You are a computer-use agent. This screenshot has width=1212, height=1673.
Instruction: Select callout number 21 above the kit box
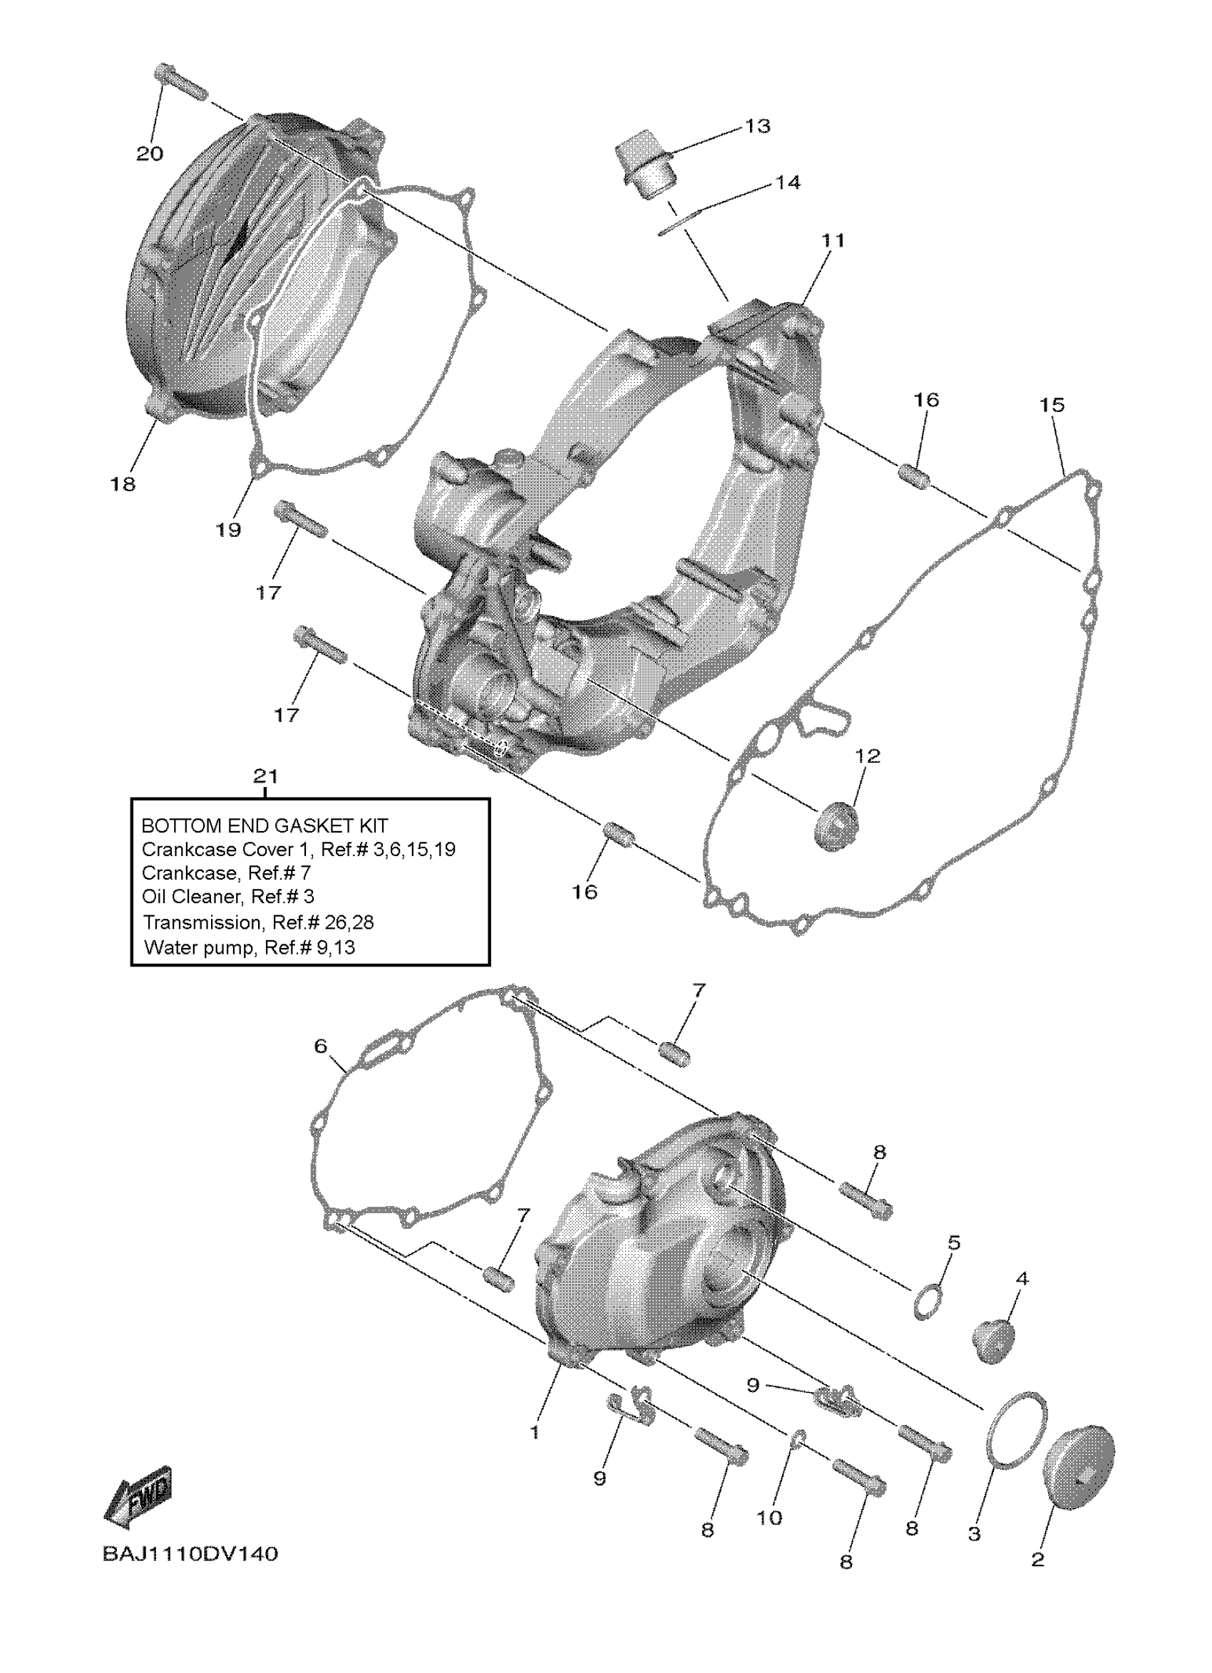click(x=265, y=776)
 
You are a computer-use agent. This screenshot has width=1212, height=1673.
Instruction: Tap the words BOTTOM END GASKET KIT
click(x=264, y=826)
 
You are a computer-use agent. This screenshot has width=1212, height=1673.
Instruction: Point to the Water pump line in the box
click(x=250, y=947)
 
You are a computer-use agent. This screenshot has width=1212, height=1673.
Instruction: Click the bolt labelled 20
click(x=180, y=83)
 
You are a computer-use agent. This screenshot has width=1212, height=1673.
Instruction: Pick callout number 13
click(x=757, y=126)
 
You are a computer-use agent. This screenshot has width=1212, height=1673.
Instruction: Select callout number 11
click(x=833, y=240)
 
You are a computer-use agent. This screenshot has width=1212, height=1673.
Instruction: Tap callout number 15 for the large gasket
click(x=1052, y=405)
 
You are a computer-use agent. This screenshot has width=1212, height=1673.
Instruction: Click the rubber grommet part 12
click(x=836, y=830)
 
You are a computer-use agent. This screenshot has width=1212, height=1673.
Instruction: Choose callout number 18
click(x=123, y=484)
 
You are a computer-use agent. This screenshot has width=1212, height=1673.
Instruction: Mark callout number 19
click(x=228, y=530)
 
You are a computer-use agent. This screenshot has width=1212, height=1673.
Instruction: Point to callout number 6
click(x=320, y=1046)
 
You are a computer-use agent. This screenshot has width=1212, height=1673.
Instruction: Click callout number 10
click(x=769, y=1518)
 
